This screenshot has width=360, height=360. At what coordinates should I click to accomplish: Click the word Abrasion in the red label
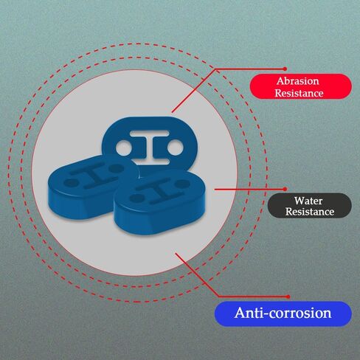(x=298, y=81)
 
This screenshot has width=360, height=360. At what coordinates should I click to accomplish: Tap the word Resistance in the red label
(x=299, y=93)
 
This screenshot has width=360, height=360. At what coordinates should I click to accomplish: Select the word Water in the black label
(x=308, y=201)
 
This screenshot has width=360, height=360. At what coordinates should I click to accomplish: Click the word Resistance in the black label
(x=310, y=212)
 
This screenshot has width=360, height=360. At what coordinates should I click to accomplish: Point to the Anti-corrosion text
(x=283, y=313)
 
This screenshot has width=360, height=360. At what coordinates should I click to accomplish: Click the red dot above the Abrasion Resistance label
(x=285, y=69)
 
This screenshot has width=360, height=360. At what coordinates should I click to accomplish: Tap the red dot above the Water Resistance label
(x=285, y=189)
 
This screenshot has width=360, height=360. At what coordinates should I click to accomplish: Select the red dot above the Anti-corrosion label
(x=288, y=297)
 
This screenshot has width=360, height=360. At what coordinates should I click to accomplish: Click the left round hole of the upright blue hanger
(x=124, y=148)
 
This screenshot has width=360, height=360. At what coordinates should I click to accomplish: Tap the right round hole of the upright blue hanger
(x=176, y=148)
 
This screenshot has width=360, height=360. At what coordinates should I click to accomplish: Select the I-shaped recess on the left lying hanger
(x=94, y=175)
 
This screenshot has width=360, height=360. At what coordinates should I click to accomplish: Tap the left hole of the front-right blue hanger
(x=137, y=198)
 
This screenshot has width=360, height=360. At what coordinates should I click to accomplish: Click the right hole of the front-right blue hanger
(x=182, y=183)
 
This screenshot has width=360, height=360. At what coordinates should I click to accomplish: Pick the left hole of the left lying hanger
(x=71, y=183)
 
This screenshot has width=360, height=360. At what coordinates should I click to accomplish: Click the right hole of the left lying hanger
(x=116, y=168)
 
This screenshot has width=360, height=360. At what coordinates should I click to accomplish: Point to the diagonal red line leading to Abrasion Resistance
(x=194, y=91)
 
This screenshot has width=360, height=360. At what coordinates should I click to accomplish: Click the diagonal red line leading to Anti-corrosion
(x=197, y=274)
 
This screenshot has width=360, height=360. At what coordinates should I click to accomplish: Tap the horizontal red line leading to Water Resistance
(x=249, y=190)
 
